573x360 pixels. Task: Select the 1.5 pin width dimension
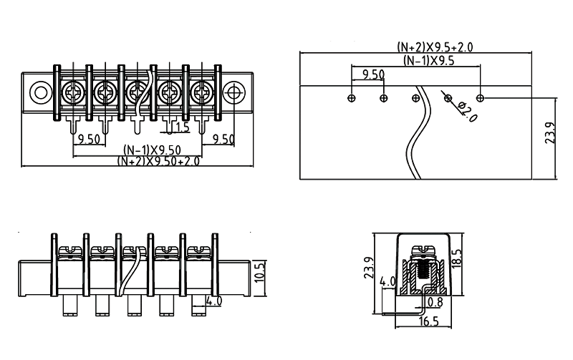pyautogui.click(x=181, y=127)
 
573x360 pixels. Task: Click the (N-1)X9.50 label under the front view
pyautogui.click(x=151, y=150)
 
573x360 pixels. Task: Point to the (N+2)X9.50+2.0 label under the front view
pyautogui.click(x=158, y=161)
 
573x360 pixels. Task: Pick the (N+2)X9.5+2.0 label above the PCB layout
pyautogui.click(x=435, y=47)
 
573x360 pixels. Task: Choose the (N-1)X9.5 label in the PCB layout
pyautogui.click(x=428, y=60)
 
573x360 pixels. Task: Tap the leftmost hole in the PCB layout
pyautogui.click(x=351, y=97)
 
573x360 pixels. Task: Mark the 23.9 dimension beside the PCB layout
pyautogui.click(x=550, y=133)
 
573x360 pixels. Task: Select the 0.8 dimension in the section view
pyautogui.click(x=434, y=303)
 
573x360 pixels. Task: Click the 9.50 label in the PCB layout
pyautogui.click(x=373, y=74)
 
